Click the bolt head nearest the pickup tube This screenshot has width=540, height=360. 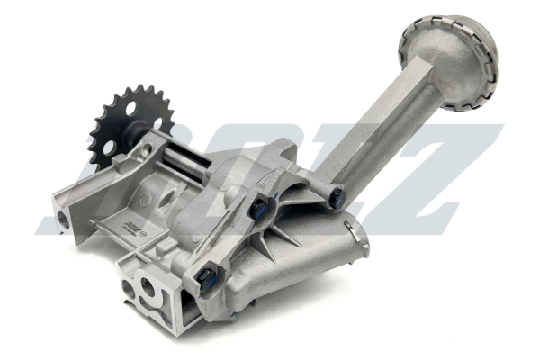(336, 195)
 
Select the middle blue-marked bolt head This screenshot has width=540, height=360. (258, 210)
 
